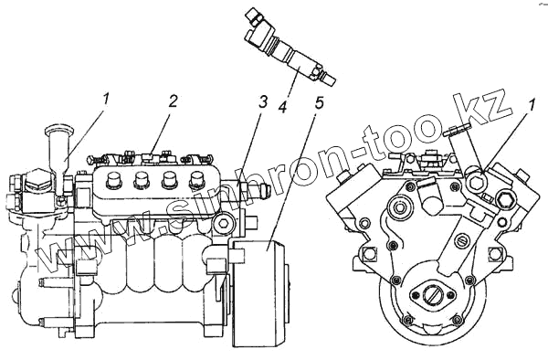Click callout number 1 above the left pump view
(106, 99)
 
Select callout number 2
(173, 101)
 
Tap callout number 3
(262, 102)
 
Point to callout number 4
(282, 107)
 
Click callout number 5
(319, 102)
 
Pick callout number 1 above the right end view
(531, 106)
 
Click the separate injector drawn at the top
(290, 48)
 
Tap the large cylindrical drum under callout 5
(259, 293)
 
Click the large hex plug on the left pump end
(37, 180)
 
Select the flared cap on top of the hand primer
(59, 131)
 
